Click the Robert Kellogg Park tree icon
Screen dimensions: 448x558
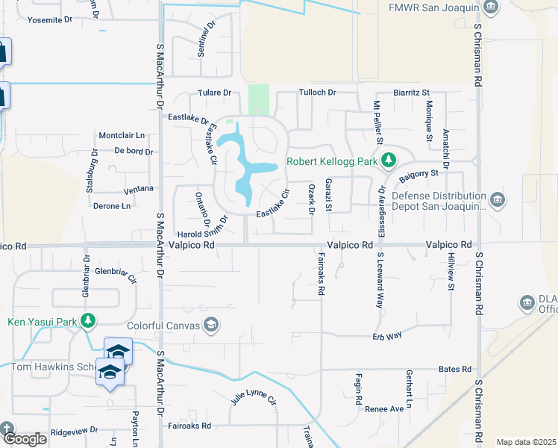pyautogui.click(x=388, y=161)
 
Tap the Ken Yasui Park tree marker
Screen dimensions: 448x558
pyautogui.click(x=89, y=321)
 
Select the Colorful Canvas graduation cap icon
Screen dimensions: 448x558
pyautogui.click(x=211, y=324)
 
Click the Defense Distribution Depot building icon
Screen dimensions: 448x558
pyautogui.click(x=498, y=200)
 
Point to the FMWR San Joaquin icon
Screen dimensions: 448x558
pyautogui.click(x=491, y=7)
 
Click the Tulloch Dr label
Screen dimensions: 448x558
pyautogui.click(x=318, y=93)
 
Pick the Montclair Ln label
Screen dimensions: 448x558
pyautogui.click(x=121, y=135)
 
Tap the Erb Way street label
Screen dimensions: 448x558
pyautogui.click(x=388, y=336)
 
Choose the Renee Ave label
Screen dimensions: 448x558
pyautogui.click(x=384, y=409)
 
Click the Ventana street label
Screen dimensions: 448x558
pyautogui.click(x=139, y=189)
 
